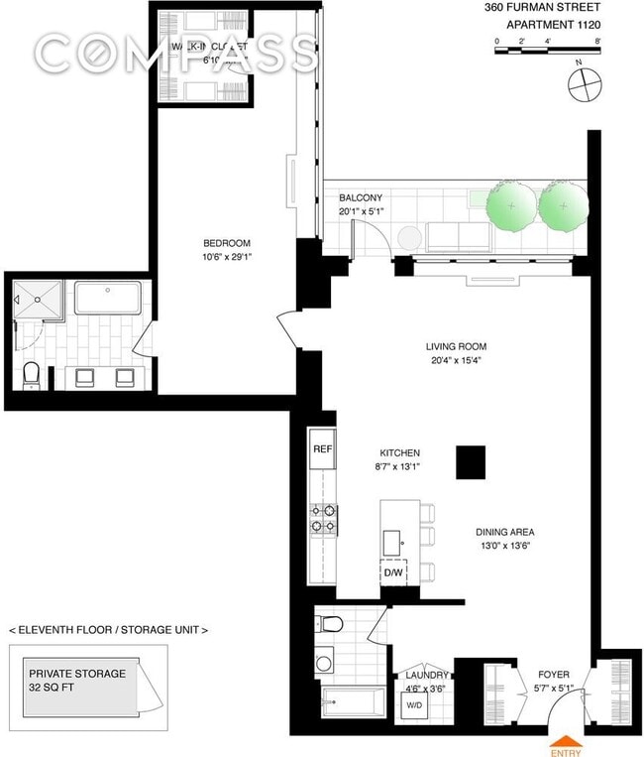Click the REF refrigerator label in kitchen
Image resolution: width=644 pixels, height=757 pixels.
click(322, 448)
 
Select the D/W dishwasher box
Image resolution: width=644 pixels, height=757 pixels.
click(393, 572)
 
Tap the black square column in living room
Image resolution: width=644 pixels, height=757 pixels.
click(471, 461)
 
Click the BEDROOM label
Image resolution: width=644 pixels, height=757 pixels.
click(227, 244)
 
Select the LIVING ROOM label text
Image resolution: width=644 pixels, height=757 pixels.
click(456, 347)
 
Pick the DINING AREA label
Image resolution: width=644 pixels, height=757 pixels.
click(504, 531)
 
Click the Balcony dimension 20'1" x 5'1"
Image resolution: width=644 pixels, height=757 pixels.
click(360, 210)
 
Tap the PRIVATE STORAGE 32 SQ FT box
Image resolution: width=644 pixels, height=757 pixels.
click(77, 681)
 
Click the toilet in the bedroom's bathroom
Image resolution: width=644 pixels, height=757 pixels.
click(31, 375)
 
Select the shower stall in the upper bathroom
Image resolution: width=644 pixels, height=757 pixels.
click(38, 299)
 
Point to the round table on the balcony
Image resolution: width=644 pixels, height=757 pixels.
click(409, 237)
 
